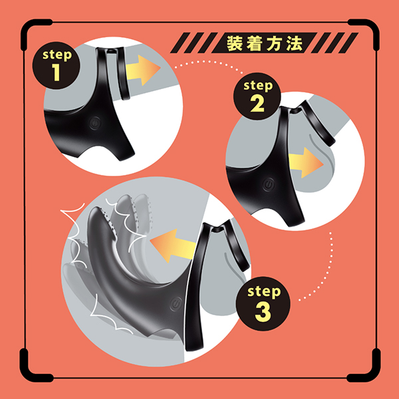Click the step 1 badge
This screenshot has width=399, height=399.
pyautogui.click(x=57, y=65)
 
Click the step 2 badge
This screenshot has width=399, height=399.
pyautogui.click(x=257, y=96)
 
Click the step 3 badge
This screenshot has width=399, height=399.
pyautogui.click(x=263, y=304)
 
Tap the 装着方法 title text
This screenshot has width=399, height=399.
pyautogui.click(x=265, y=43)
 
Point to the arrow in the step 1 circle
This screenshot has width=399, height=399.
pyautogui.click(x=143, y=70)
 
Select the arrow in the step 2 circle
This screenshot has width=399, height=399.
pyautogui.click(x=306, y=163)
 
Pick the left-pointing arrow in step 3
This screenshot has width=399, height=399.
pyautogui.click(x=173, y=245)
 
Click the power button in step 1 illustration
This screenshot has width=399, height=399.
pyautogui.click(x=95, y=123)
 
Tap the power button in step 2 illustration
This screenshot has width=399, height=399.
pyautogui.click(x=269, y=184)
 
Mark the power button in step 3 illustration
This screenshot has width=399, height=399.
pyautogui.click(x=176, y=304)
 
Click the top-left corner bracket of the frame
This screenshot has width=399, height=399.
pyautogui.click(x=35, y=33)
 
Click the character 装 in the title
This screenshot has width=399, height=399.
pyautogui.click(x=234, y=43)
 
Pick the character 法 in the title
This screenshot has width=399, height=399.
pyautogui.click(x=295, y=43)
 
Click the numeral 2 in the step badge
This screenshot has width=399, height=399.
pyautogui.click(x=257, y=104)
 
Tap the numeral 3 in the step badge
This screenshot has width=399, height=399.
pyautogui.click(x=263, y=312)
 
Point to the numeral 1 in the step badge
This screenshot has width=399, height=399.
pyautogui.click(x=57, y=72)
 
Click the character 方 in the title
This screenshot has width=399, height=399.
pyautogui.click(x=275, y=43)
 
